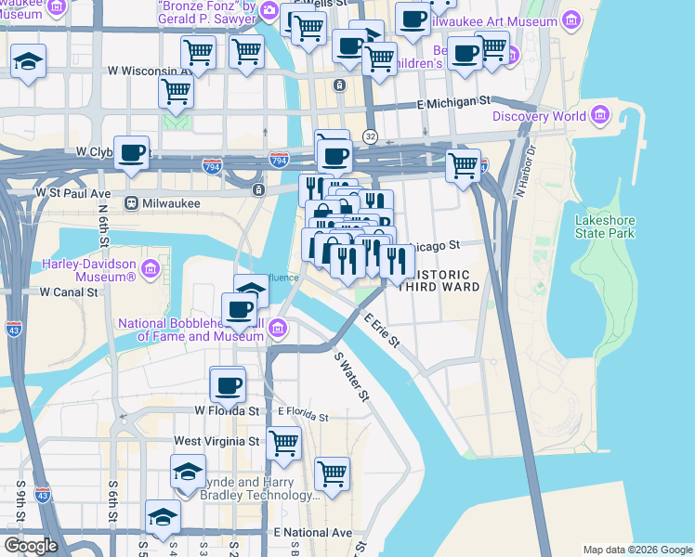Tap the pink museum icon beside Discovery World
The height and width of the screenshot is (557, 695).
coord(600,115)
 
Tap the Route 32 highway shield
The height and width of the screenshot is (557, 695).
coord(369,136)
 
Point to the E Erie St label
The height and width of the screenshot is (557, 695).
coord(381,332)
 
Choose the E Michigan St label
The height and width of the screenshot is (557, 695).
coord(453,100)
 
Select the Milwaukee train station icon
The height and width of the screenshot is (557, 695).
coord(132,202)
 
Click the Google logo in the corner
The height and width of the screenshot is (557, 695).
coord(31,546)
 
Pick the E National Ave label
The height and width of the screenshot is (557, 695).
coord(313,533)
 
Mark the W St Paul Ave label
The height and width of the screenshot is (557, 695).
coord(73,193)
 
